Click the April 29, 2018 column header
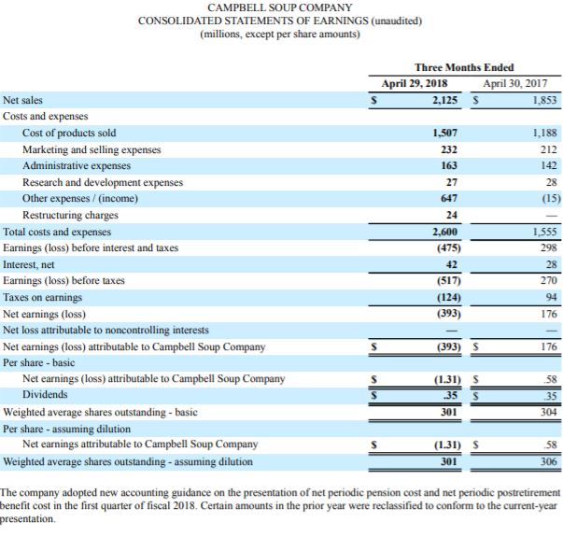(x=415, y=84)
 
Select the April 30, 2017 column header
(x=514, y=84)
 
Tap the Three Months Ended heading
(x=464, y=67)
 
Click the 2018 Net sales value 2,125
(x=444, y=100)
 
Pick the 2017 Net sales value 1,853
(x=544, y=100)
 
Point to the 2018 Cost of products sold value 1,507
(x=444, y=133)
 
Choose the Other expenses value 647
(x=449, y=198)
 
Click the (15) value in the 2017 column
(x=551, y=198)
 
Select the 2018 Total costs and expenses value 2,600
(x=444, y=232)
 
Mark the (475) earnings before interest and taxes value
(x=449, y=247)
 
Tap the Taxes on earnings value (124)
(x=449, y=297)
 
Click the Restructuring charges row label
(x=70, y=215)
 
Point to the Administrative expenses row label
(x=77, y=165)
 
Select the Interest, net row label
(x=29, y=264)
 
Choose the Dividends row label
(x=45, y=394)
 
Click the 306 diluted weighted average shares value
(x=549, y=461)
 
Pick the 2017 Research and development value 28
(x=552, y=182)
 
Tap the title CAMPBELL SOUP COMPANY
(x=280, y=7)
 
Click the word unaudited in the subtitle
(x=397, y=21)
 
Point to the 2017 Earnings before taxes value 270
(x=549, y=280)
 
